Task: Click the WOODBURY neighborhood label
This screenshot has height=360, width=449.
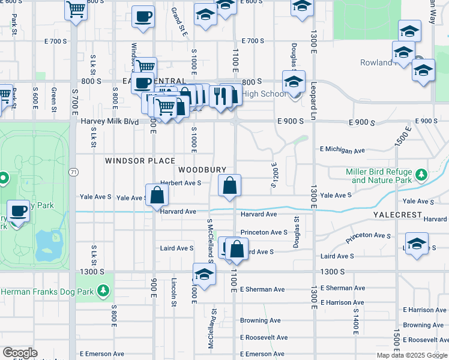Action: pyautogui.click(x=202, y=170)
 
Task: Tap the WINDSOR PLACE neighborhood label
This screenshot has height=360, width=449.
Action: pyautogui.click(x=140, y=161)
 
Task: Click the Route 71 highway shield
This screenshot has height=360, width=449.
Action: pyautogui.click(x=73, y=172)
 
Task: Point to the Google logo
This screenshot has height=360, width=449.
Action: pyautogui.click(x=20, y=353)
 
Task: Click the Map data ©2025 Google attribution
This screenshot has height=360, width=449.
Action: pyautogui.click(x=412, y=355)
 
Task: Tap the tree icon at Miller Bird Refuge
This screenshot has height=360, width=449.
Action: pyautogui.click(x=421, y=175)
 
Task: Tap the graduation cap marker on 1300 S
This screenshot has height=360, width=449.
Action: pyautogui.click(x=204, y=275)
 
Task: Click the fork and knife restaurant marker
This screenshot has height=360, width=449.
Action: pyautogui.click(x=220, y=96)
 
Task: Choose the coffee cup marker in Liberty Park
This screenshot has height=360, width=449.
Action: pyautogui.click(x=19, y=211)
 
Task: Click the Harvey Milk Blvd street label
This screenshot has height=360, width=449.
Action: pyautogui.click(x=110, y=122)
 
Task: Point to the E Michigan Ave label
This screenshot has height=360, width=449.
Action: pyautogui.click(x=342, y=149)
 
